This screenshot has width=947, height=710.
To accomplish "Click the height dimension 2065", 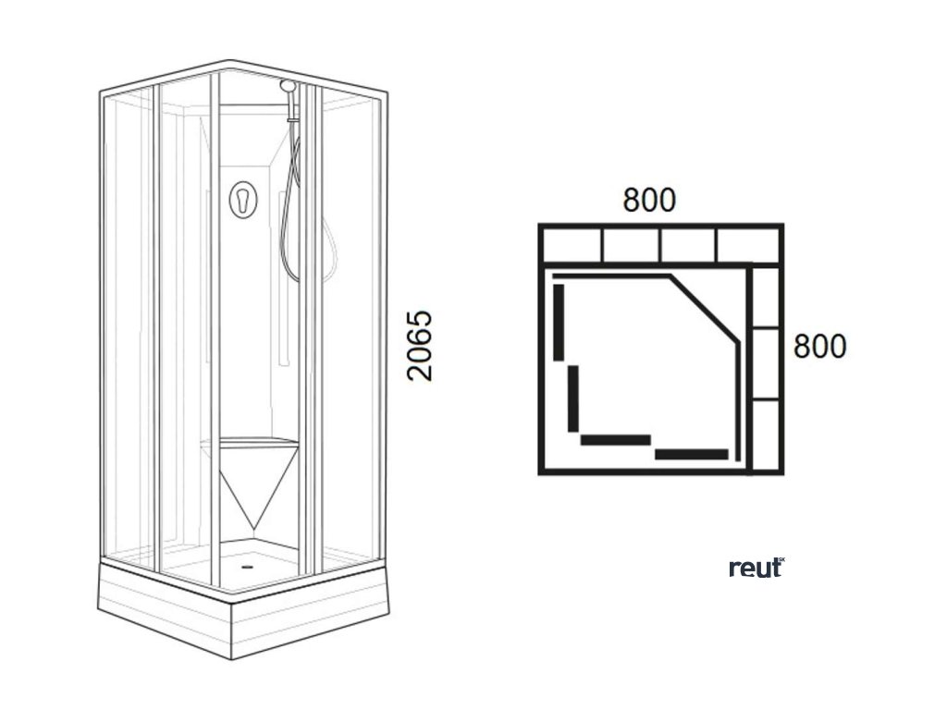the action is pyautogui.click(x=420, y=346).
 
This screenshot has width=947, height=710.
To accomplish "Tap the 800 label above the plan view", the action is pyautogui.click(x=649, y=200).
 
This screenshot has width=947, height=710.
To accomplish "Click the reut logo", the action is pyautogui.click(x=756, y=567).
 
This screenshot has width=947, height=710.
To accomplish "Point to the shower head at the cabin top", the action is pyautogui.click(x=289, y=86).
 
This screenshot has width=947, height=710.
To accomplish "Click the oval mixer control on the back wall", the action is pyautogui.click(x=242, y=199).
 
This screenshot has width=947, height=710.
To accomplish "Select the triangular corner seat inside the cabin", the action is pyautogui.click(x=251, y=476).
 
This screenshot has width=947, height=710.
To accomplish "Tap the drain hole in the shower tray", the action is pyautogui.click(x=247, y=557).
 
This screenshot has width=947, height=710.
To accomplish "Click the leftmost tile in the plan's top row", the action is pyautogui.click(x=572, y=245).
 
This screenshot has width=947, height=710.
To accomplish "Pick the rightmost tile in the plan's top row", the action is pyautogui.click(x=748, y=245).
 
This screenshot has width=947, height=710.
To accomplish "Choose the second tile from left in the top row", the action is pyautogui.click(x=631, y=245).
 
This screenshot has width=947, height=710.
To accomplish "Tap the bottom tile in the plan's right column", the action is pyautogui.click(x=765, y=435).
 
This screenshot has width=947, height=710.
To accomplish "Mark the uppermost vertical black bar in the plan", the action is pyautogui.click(x=559, y=322).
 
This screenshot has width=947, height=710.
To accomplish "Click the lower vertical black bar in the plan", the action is pyautogui.click(x=573, y=398).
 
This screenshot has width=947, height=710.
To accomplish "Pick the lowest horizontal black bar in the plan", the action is pyautogui.click(x=692, y=454).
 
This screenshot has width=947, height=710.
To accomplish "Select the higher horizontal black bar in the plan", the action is pyautogui.click(x=616, y=440).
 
